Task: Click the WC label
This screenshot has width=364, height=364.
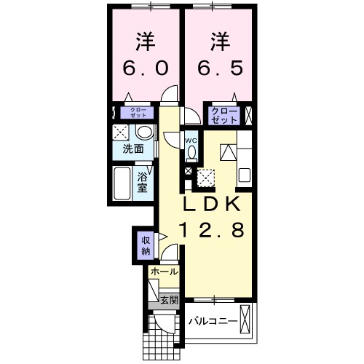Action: tap(191, 140)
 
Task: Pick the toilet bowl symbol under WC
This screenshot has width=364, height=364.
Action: tap(191, 153)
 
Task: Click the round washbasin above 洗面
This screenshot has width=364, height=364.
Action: tap(144, 133)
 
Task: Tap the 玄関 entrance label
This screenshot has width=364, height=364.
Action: tap(167, 299)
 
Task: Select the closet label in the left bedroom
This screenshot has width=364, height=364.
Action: tap(139, 113)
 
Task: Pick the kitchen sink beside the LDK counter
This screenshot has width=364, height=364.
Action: tap(244, 175)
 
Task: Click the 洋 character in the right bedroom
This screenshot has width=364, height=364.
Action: tap(218, 39)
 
